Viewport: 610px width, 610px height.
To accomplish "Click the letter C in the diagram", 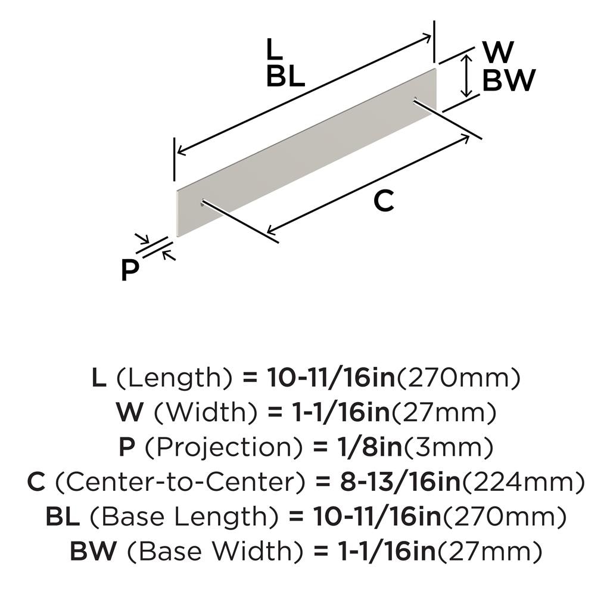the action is point(384,201).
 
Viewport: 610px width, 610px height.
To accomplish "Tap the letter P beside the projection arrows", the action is point(129,271).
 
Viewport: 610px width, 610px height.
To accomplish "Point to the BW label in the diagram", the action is point(509,80).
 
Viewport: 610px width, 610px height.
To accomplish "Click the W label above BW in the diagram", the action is point(499,52).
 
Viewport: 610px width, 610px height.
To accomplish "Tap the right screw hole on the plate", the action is point(415,100).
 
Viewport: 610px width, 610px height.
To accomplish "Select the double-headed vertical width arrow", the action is point(466,76).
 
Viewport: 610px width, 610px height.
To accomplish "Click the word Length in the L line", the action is point(174,378).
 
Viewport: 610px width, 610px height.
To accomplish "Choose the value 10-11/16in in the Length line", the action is point(331,378).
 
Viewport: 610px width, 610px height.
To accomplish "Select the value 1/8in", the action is point(368,447).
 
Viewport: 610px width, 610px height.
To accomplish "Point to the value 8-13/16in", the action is point(400,482).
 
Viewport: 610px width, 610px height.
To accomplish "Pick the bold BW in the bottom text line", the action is point(94,552).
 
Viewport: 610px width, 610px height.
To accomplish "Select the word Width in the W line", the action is point(206,413).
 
